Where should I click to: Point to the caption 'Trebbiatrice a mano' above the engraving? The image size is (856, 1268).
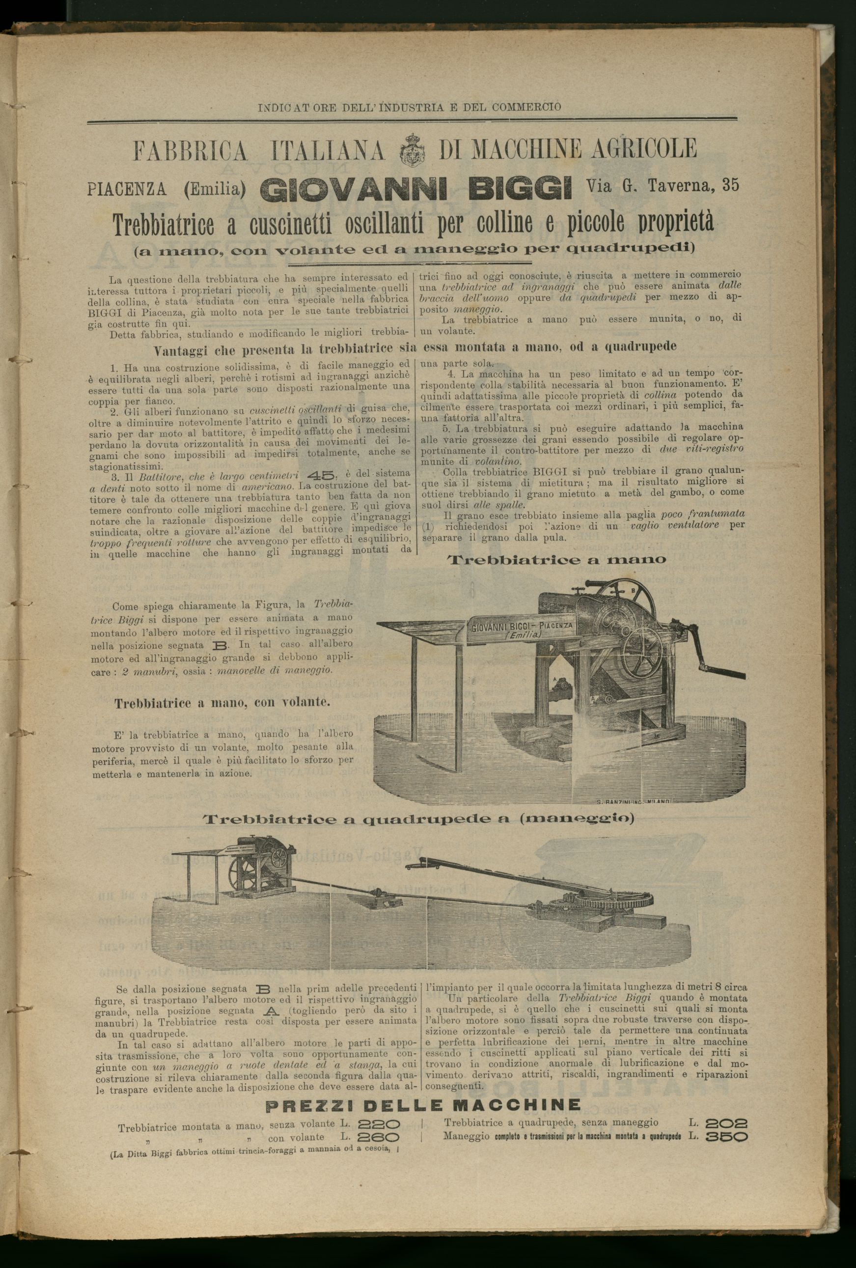coord(556,560)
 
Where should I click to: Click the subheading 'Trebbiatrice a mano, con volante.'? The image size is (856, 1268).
coord(222,703)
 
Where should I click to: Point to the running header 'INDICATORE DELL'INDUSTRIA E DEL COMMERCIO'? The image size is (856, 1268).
coord(410,108)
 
